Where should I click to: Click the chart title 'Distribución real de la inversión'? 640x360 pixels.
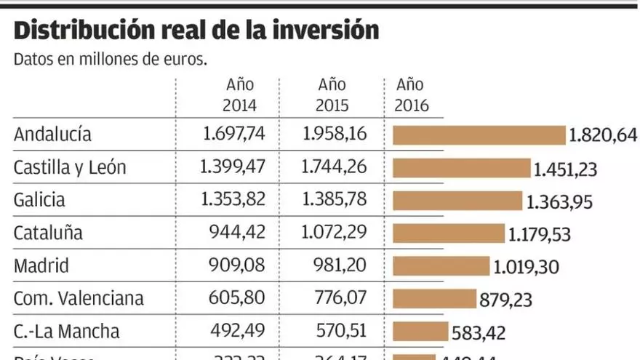click(x=196, y=31)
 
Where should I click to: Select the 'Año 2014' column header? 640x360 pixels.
click(x=240, y=95)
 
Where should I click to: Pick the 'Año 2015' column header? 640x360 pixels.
click(x=332, y=95)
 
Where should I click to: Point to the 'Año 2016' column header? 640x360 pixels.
click(x=412, y=95)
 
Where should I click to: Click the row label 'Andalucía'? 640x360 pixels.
click(x=53, y=135)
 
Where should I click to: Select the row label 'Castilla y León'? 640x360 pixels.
click(x=70, y=168)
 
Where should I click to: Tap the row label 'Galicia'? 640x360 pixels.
click(x=39, y=200)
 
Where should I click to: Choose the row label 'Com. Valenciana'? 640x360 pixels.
click(x=79, y=298)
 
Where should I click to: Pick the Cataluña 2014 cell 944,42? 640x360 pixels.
click(x=238, y=233)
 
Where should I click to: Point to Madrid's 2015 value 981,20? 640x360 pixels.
click(x=340, y=265)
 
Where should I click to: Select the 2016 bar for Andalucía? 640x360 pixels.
click(x=479, y=135)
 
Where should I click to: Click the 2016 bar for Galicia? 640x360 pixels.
click(x=457, y=201)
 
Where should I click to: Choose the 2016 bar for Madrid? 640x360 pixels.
click(x=441, y=265)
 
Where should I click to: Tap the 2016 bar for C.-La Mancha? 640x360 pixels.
click(x=420, y=332)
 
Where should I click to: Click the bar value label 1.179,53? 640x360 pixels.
click(x=539, y=235)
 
